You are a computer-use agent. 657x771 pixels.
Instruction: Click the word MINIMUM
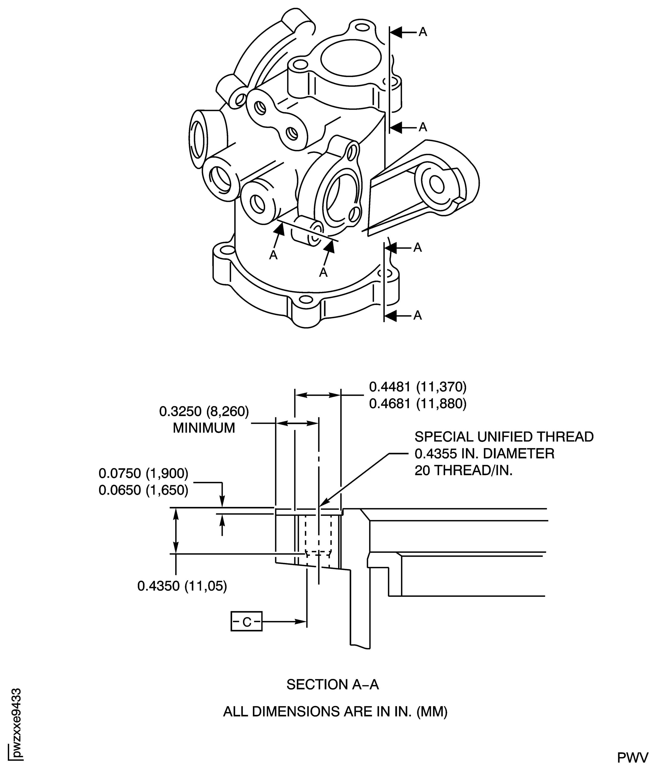tap(204, 428)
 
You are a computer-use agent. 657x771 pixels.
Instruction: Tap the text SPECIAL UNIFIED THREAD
tap(504, 437)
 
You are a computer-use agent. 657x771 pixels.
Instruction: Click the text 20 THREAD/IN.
tap(464, 471)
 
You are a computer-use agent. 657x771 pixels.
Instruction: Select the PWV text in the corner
tap(633, 755)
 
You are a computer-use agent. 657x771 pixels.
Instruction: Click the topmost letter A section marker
tap(423, 32)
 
